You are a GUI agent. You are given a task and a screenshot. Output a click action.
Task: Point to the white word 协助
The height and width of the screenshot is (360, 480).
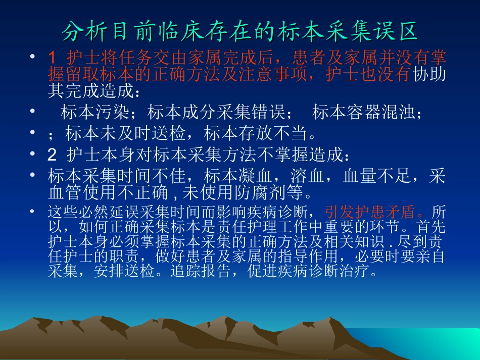tap(429, 75)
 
